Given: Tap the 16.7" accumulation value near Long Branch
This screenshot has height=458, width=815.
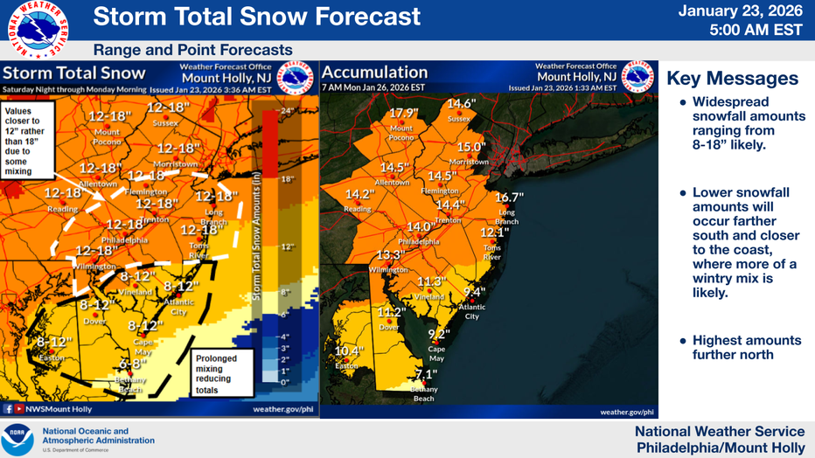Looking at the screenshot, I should (508, 198).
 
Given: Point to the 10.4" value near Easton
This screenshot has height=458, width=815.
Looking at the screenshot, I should (349, 351).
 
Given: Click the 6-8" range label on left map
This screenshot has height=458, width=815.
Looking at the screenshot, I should (132, 364).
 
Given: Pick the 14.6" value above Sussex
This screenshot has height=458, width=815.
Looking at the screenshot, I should (461, 103).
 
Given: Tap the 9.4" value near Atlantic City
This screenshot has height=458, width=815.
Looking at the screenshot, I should (474, 292).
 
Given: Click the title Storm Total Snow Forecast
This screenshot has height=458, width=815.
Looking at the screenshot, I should (256, 17).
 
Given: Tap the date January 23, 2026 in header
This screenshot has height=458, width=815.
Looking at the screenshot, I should (752, 11).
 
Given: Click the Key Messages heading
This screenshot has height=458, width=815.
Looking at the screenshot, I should (732, 79).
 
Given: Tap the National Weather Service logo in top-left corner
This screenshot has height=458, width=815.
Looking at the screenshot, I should (40, 30).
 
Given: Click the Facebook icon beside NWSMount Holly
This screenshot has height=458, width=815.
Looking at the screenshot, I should (8, 408).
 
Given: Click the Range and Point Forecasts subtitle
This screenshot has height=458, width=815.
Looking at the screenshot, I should (192, 51).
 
